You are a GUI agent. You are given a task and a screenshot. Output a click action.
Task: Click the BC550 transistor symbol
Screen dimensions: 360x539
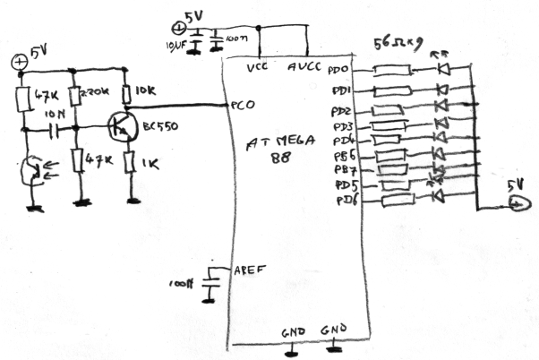[x=120, y=127]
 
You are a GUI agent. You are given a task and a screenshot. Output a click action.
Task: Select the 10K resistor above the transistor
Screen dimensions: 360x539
[x=131, y=92]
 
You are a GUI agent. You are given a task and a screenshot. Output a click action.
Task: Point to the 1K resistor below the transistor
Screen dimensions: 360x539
[x=131, y=164]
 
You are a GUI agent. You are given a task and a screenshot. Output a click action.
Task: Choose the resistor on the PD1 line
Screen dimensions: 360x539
[x=391, y=90]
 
